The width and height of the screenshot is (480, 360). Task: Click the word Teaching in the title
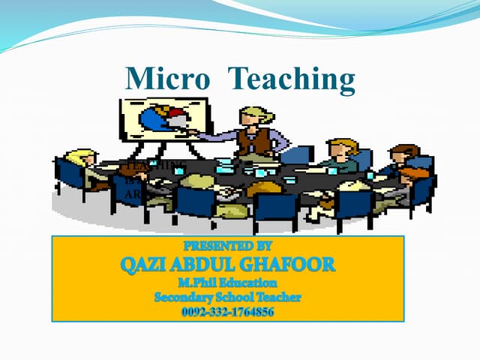point(292,79)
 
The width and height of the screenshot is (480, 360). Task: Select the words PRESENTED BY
point(227,244)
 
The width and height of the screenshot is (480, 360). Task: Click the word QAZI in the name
point(145,264)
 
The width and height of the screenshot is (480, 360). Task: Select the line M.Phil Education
point(227,283)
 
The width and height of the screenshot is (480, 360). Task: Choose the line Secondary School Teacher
point(227,297)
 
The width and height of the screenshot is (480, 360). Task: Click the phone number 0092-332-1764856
point(227,311)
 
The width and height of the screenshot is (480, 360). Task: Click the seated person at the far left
point(82,166)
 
